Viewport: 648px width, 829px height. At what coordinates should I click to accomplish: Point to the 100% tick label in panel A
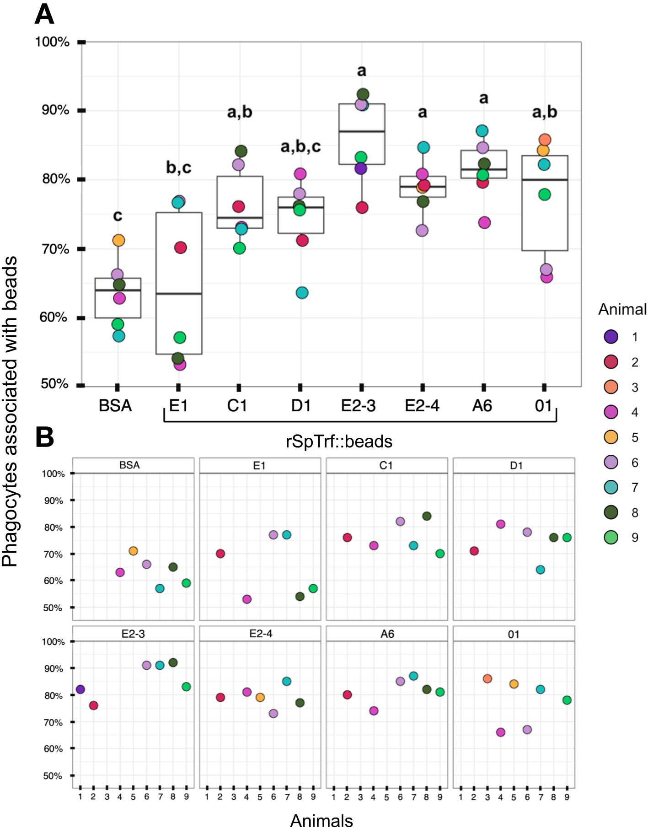[x=52, y=42]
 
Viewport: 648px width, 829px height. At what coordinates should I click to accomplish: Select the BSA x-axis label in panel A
[x=115, y=406]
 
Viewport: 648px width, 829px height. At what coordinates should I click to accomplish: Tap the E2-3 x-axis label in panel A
[x=359, y=406]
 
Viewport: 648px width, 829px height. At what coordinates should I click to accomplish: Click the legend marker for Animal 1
[x=611, y=337]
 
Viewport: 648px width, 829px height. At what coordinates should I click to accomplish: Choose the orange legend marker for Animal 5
[x=611, y=437]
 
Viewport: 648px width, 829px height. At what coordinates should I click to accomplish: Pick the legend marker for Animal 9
[x=611, y=537]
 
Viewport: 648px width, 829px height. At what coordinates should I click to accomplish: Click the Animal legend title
[x=622, y=310]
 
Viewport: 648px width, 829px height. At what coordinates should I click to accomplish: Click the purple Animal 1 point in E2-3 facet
[x=80, y=689]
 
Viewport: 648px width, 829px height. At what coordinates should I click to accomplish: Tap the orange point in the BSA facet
[x=133, y=551]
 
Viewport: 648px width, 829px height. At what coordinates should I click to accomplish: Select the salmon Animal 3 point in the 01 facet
[x=487, y=678]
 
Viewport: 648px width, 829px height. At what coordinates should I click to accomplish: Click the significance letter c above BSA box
[x=118, y=215]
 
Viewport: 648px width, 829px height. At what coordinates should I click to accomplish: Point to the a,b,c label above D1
[x=300, y=146]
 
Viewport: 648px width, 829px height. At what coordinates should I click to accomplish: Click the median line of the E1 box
[x=179, y=294]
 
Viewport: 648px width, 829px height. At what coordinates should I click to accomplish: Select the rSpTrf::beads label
[x=339, y=442]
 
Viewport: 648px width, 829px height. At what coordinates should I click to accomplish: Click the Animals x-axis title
[x=321, y=821]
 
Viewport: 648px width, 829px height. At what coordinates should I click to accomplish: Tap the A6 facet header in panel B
[x=387, y=634]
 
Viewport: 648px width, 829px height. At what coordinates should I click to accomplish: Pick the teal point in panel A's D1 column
[x=302, y=293]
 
